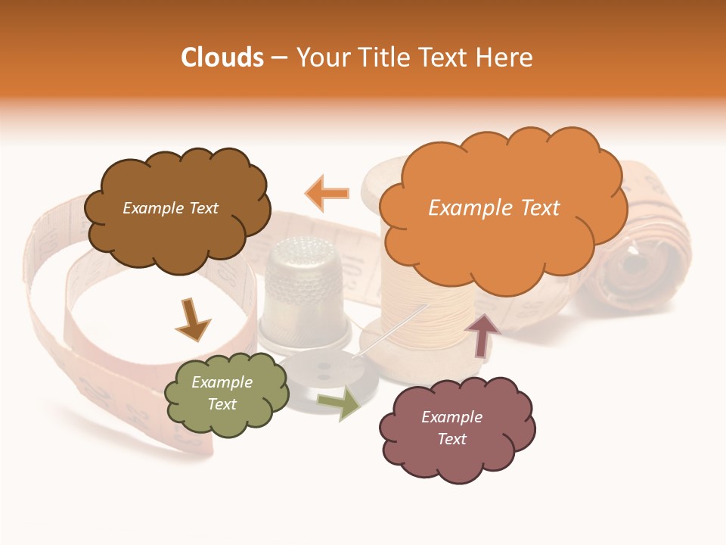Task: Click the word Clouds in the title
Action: (222, 58)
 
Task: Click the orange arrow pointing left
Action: (327, 193)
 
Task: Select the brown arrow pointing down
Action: (192, 319)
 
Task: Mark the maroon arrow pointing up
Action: (482, 333)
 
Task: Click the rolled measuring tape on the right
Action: (643, 265)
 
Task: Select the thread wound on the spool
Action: (423, 310)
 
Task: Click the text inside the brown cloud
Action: (171, 208)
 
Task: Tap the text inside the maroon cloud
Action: (451, 428)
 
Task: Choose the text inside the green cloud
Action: (222, 393)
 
